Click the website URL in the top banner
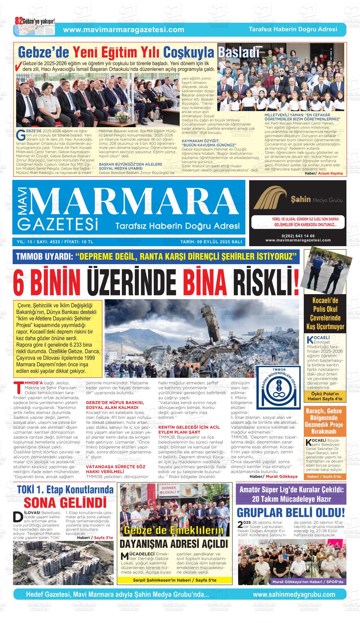123,30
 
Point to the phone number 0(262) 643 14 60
298,236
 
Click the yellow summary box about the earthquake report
57,338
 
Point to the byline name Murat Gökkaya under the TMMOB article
281,476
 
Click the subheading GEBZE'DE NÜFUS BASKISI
115,402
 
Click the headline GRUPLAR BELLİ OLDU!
291,512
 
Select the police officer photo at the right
325,270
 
